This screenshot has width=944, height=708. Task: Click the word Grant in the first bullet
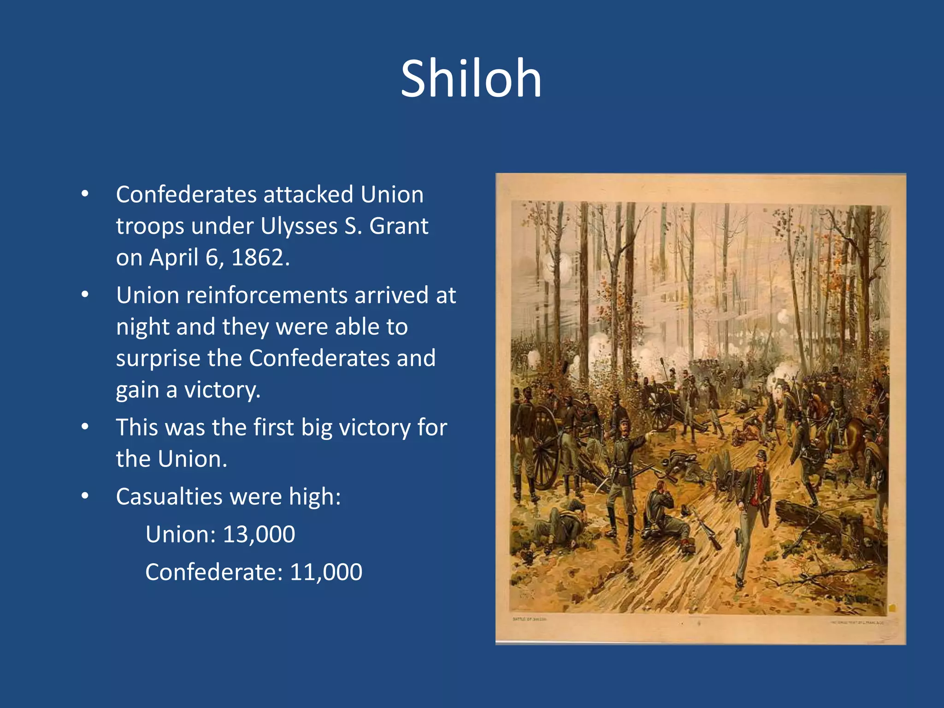coord(399,226)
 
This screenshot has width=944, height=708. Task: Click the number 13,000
coord(259,534)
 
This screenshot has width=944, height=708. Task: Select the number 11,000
coord(326,572)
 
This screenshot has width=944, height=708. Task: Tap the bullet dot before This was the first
coord(85,427)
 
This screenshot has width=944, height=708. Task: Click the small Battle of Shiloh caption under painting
coord(529,619)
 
